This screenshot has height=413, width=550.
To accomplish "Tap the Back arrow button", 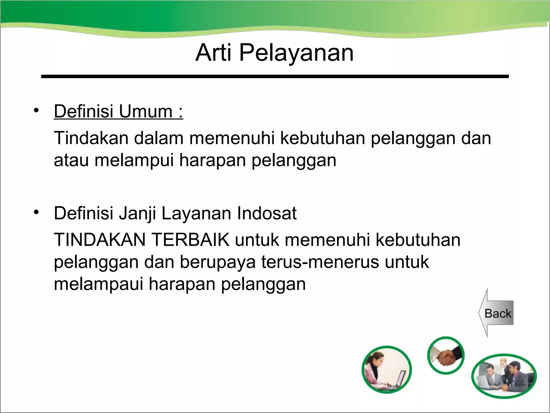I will click(497, 313).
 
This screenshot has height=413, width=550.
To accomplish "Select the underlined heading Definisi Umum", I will click(118, 111).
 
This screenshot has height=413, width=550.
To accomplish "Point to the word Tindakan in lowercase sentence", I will click(91, 138).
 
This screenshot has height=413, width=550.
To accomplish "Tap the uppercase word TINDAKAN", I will click(100, 240).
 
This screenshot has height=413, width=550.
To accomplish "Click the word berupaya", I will click(218, 262).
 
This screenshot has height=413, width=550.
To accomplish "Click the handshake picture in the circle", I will click(446, 355).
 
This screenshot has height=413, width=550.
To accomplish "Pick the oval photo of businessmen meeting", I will click(504, 376).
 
